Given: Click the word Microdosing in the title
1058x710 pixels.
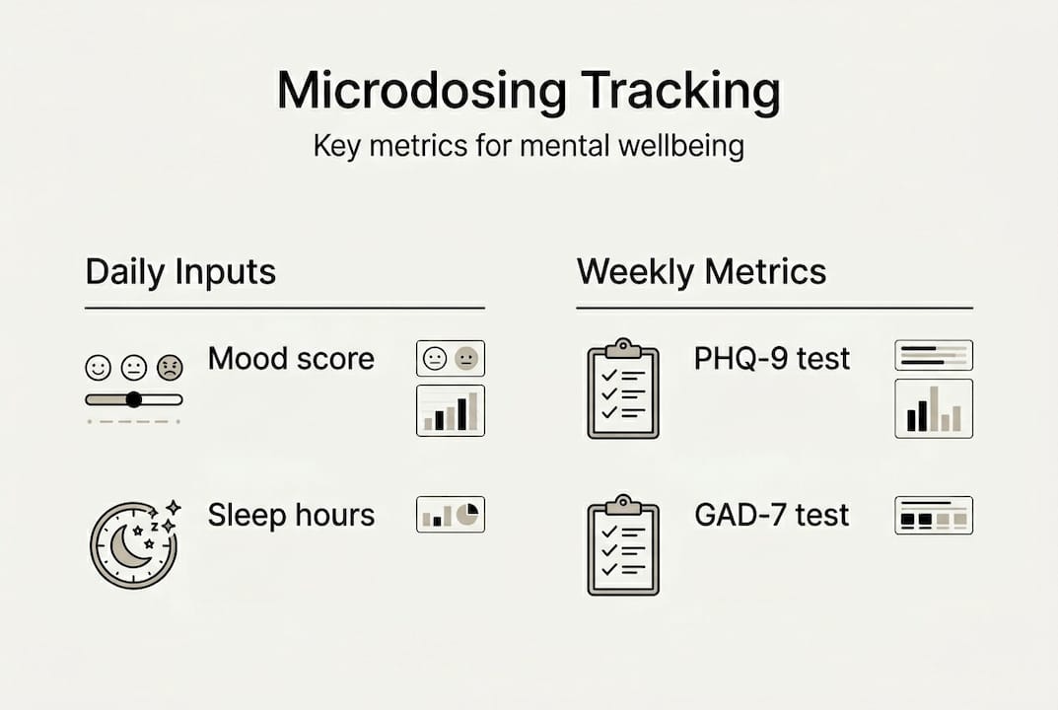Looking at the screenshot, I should pos(421,92).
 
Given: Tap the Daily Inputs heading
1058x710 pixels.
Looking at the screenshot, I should pos(180,272).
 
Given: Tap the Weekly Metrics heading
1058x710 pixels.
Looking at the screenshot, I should pos(701,272).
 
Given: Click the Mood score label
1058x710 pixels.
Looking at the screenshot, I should pos(291,358).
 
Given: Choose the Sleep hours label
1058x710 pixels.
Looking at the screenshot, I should pos(291,515).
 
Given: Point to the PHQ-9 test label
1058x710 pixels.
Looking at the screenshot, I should pos(771,358).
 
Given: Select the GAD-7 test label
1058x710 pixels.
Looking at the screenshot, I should pos(771,515).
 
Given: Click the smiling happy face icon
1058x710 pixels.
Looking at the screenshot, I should pos(98,369).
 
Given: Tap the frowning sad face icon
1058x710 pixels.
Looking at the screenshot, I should pos(170,369).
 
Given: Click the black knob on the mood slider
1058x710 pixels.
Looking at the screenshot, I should pos(133,399).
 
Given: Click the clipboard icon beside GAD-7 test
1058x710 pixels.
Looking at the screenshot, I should pos(623,545).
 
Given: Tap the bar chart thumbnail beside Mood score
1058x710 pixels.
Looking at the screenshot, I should pos(451,410).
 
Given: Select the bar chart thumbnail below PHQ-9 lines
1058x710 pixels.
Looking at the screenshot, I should pos(933,408).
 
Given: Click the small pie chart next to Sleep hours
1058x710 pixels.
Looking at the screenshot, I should pos(469,514).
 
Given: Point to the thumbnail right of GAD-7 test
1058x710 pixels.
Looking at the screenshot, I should pos(933,515).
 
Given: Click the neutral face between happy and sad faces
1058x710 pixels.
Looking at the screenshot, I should pos(133,369).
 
